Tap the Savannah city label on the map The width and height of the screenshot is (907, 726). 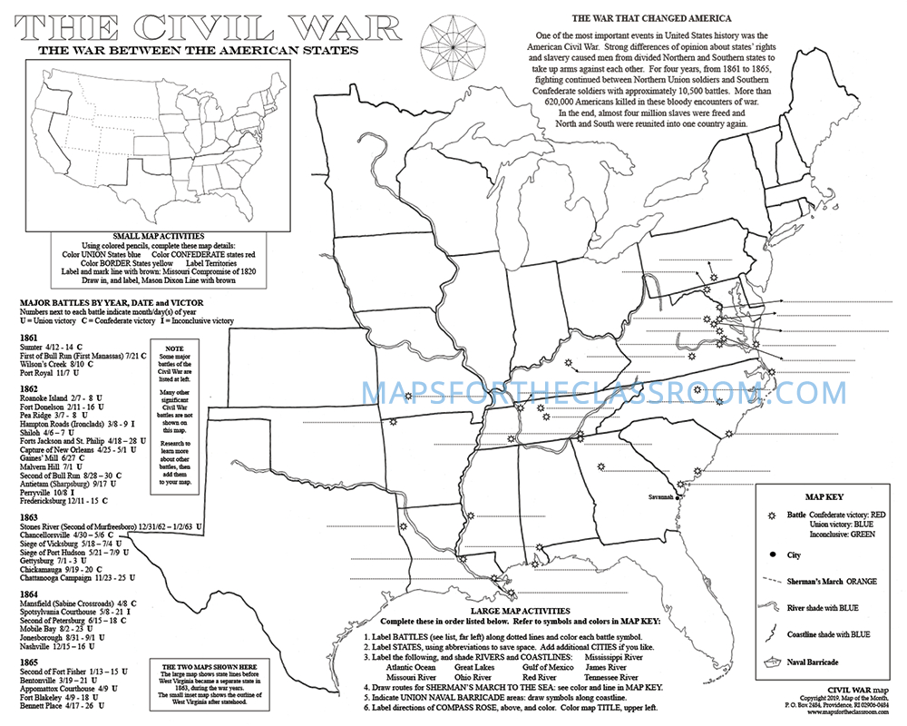661,497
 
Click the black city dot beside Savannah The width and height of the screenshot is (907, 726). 678,497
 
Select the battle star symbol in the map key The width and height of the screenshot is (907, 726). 772,515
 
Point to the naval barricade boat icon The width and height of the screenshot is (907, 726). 772,662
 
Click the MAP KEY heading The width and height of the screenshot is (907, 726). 825,496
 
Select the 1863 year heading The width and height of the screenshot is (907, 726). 28,516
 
